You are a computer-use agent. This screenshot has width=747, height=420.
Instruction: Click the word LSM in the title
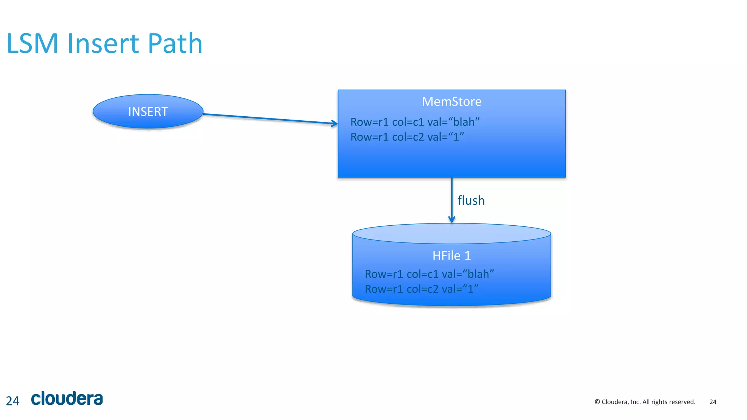coord(32,44)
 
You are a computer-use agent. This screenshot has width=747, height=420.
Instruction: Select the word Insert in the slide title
coord(103,44)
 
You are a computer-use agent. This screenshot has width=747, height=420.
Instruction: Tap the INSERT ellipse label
coord(148,112)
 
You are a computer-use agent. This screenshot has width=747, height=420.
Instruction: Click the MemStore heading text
coord(452,101)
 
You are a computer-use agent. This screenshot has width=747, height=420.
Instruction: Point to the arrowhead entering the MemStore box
coord(334,124)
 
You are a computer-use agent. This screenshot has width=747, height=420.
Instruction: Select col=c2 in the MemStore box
coord(408,137)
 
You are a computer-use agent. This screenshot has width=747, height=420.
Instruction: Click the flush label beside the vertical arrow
coord(471,201)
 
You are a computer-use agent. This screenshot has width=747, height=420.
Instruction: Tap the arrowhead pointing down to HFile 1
coord(452,219)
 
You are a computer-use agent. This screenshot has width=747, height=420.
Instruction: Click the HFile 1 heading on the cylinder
coord(452,256)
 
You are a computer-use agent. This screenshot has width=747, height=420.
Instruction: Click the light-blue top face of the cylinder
coord(452,234)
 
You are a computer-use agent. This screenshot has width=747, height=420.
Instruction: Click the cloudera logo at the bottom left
coord(67,398)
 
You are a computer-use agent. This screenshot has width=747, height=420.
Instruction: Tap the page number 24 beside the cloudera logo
coord(13,401)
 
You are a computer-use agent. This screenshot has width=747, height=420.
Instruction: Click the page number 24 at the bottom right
coord(713,402)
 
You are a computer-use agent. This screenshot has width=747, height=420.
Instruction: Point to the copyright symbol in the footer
coord(597,402)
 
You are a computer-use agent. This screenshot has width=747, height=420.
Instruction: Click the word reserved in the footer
coord(683,402)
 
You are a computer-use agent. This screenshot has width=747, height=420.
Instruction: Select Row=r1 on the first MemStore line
coord(369,122)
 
